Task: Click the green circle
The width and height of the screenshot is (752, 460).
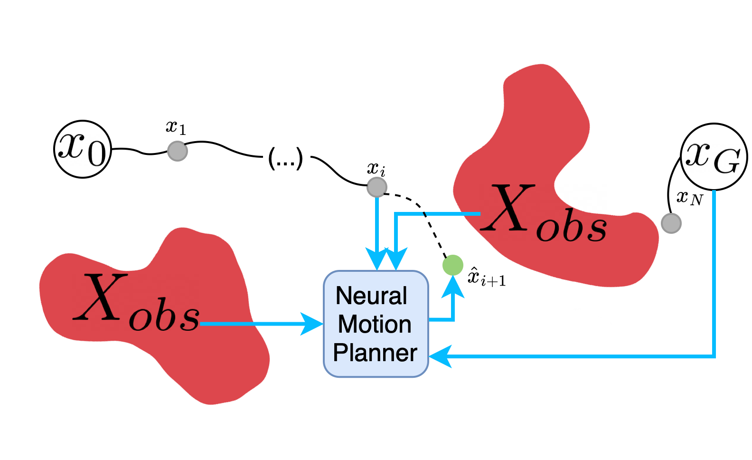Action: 452,265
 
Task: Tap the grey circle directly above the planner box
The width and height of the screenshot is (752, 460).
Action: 377,187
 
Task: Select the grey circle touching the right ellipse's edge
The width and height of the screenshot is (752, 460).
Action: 671,223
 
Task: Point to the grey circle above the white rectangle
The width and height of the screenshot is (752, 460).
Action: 178,151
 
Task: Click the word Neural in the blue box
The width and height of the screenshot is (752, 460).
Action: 371,296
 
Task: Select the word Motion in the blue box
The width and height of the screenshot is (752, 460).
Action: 375,325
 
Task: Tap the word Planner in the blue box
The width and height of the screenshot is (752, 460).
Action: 375,353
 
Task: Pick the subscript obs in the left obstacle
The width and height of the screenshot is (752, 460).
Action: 164,317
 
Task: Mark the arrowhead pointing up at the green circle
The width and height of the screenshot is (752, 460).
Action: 453,286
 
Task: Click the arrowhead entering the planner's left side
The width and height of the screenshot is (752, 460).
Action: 312,324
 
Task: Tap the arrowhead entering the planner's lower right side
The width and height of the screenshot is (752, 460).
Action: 440,356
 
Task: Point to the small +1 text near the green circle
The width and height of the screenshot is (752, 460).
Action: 499,281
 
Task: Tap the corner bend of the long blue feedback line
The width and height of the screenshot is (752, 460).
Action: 714,356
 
